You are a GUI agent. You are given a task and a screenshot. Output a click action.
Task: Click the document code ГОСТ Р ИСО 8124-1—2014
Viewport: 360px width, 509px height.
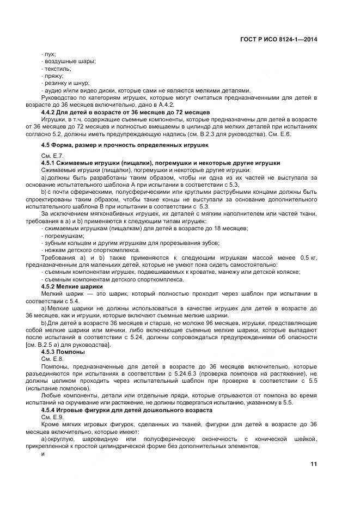[x=278, y=39]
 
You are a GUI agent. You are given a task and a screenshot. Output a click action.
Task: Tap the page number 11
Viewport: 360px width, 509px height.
[x=314, y=464]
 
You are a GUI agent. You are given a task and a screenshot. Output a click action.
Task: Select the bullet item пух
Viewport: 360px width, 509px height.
[x=48, y=54]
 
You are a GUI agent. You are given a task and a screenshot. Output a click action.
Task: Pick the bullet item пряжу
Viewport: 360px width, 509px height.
[x=53, y=76]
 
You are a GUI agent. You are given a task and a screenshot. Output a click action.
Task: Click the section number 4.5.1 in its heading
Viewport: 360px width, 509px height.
[x=50, y=163]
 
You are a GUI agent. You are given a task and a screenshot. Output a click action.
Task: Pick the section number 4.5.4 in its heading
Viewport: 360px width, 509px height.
[x=50, y=409]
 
